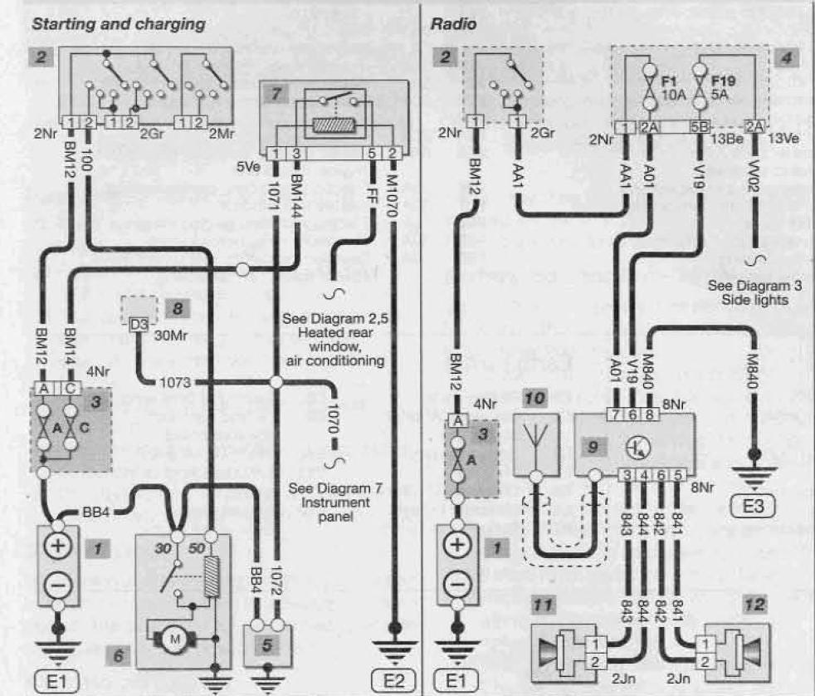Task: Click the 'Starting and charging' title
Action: coord(118,24)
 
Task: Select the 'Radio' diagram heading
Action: coord(453,24)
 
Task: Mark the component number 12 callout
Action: coord(754,606)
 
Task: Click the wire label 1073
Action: coord(173,383)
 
